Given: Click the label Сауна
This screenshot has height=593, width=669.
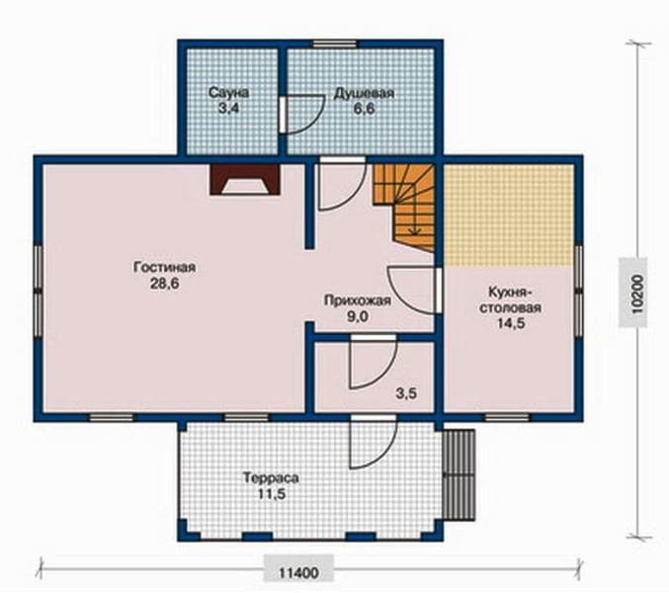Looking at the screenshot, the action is [x=228, y=93].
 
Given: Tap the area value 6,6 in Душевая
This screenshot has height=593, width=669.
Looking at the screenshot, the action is [x=364, y=109].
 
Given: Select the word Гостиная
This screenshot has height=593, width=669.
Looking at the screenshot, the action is [x=165, y=267].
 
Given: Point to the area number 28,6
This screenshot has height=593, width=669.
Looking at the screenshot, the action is [x=165, y=284].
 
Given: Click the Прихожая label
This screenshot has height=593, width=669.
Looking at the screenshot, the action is [x=358, y=300].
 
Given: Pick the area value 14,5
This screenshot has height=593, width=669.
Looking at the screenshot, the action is [x=510, y=324].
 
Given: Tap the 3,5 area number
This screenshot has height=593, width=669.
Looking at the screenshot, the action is [x=406, y=393].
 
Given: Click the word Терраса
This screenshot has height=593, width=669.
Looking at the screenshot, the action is [x=271, y=477].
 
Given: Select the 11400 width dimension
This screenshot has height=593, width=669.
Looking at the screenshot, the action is [x=298, y=572].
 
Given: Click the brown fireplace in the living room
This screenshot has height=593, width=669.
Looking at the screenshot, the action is [x=245, y=180].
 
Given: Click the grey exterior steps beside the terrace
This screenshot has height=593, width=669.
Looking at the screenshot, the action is [x=459, y=474].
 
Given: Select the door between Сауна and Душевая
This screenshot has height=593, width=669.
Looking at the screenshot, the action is [x=298, y=115].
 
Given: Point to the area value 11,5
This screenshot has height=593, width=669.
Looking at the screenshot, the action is [x=271, y=494].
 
